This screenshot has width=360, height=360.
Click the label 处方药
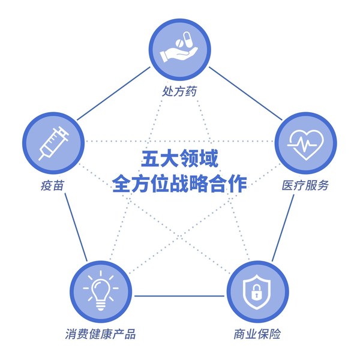179,91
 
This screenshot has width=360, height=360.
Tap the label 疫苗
52,185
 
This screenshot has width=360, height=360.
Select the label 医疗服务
305,185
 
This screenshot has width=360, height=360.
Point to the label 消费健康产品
100,334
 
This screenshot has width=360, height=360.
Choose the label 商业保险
257,334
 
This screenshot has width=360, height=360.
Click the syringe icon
54,143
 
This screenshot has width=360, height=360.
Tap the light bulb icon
101,290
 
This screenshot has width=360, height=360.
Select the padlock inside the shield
257,292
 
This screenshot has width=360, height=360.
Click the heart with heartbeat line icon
305,144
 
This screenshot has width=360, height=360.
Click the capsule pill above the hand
188,40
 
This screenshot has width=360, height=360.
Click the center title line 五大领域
179,158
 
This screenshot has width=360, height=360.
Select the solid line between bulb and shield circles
179,296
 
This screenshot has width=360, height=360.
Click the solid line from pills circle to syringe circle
113,94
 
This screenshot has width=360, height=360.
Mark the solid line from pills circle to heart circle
245,94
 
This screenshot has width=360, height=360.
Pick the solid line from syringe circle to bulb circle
76,227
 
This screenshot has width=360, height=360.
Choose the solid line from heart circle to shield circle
283,228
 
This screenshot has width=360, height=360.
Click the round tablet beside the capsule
179,44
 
